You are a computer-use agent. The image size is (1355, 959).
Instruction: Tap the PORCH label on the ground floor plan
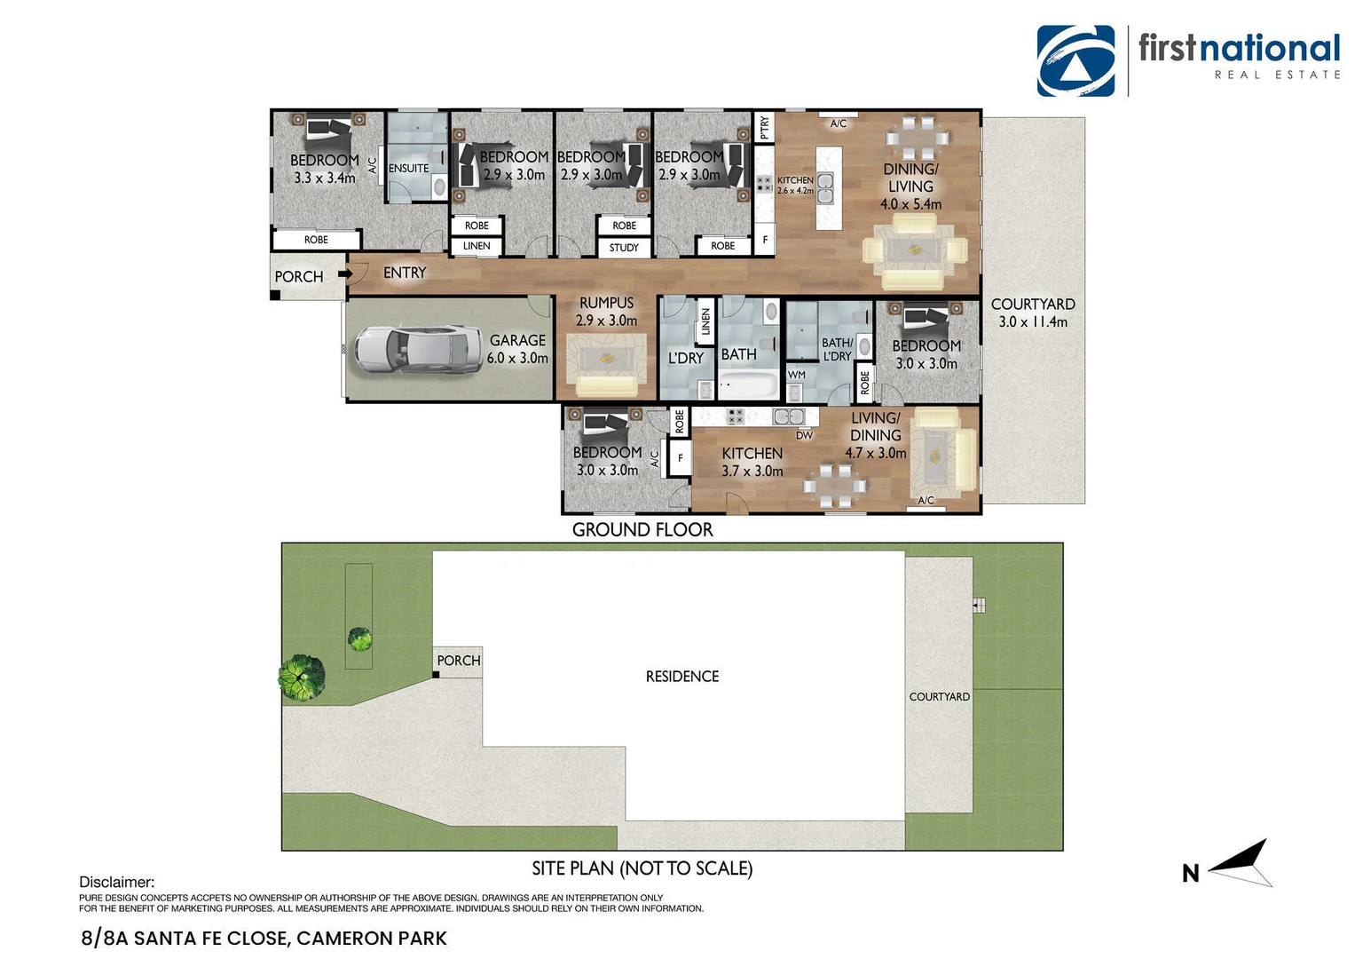[x=299, y=277]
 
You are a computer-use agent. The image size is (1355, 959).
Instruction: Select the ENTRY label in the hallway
[x=405, y=273]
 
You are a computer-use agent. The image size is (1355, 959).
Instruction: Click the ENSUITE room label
[x=408, y=168]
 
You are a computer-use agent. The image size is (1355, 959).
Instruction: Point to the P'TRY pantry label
[x=764, y=128]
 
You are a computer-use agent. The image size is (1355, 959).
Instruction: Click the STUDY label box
[x=624, y=248]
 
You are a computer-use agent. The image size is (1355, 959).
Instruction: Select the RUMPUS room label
[x=606, y=303]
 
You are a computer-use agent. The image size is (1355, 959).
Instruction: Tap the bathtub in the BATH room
[x=748, y=385]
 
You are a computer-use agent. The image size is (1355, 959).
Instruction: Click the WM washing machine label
[x=796, y=375]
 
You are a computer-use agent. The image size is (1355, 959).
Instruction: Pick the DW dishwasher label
[x=804, y=435]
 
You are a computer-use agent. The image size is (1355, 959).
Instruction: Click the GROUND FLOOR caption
[x=642, y=530]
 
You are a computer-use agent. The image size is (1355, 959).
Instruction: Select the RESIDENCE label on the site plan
[x=681, y=677]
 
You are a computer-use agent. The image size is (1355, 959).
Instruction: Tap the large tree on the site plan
[x=301, y=678]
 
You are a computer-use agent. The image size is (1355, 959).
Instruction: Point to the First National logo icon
[x=1075, y=60]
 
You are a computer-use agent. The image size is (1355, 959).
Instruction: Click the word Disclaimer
[x=116, y=882]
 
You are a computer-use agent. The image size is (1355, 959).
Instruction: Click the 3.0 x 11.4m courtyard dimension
[x=1033, y=321]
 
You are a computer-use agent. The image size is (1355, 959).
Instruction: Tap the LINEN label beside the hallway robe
[x=477, y=246]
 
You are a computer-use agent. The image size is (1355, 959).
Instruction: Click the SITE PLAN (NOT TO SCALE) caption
[x=642, y=868]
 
